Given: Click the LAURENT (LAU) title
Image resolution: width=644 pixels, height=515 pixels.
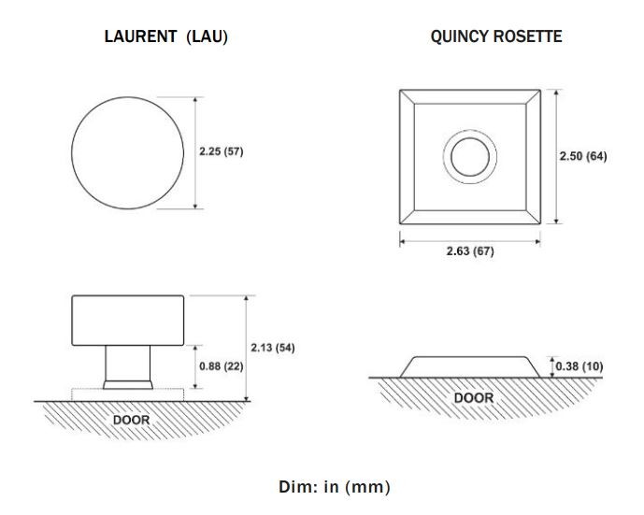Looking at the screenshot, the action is click(x=166, y=36).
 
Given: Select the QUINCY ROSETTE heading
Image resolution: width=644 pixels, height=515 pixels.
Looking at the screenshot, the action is click(x=496, y=36).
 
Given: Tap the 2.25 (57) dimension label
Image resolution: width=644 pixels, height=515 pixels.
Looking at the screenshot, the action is click(x=222, y=151).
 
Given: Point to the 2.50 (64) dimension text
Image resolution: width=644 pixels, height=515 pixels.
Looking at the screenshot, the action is click(x=583, y=156).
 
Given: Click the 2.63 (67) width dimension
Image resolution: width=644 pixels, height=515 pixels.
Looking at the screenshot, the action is click(x=470, y=250).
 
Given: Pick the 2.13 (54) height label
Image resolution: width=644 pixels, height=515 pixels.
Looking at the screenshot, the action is click(x=273, y=348).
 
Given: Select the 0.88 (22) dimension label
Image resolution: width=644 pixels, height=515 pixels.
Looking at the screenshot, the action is click(x=222, y=366).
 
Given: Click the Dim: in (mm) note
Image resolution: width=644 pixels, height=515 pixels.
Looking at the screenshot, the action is click(x=335, y=487).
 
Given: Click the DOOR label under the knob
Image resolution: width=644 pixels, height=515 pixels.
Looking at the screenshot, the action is click(x=131, y=420).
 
